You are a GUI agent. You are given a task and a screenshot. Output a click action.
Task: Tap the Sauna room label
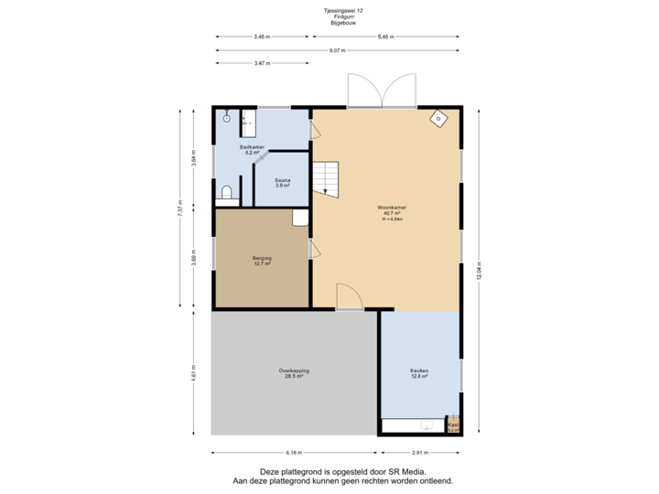click(x=283, y=182)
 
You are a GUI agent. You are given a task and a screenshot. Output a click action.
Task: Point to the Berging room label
click(x=262, y=261)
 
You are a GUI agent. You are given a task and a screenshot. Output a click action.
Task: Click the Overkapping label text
click(x=294, y=372)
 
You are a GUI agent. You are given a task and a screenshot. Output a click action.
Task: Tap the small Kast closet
click(x=453, y=425)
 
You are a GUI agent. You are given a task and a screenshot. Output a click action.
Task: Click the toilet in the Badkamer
click(x=226, y=194)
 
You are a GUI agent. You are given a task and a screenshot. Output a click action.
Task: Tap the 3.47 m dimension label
click(x=262, y=63)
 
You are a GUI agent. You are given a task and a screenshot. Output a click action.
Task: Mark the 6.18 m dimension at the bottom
click(x=294, y=452)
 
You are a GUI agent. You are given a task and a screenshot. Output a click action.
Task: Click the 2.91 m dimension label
click(x=420, y=452)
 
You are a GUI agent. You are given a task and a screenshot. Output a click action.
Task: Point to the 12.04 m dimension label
click(x=479, y=272)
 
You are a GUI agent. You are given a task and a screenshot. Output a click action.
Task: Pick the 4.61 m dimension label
click(x=194, y=373)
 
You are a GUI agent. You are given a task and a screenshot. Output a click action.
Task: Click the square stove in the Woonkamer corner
click(x=439, y=118)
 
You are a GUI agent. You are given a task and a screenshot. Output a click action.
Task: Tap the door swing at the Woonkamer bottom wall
click(x=349, y=297)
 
